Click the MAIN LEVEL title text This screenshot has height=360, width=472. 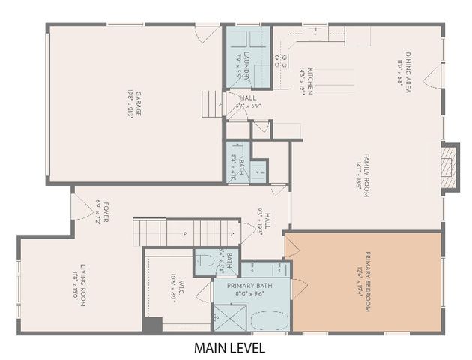click(x=229, y=348)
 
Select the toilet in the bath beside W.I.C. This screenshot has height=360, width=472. click(x=204, y=261)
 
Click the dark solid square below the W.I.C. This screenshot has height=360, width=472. click(x=153, y=325)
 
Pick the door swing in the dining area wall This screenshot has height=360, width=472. click(x=429, y=73)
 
